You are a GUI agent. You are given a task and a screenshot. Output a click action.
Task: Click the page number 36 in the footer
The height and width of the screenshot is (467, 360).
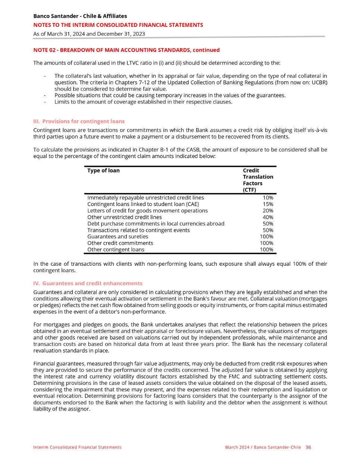click(x=308, y=447)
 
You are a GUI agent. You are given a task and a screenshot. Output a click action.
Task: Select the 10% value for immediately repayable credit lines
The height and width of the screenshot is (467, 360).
click(x=268, y=197)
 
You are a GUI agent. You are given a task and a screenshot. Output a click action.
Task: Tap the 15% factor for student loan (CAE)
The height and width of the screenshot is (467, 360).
click(x=268, y=204)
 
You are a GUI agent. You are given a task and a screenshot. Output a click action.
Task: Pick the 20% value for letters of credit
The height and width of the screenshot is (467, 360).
click(x=268, y=211)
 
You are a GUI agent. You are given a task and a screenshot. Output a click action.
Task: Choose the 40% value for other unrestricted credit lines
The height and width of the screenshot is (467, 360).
click(x=268, y=217)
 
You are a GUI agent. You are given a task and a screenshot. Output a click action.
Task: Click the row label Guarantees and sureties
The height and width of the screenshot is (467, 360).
click(x=118, y=236)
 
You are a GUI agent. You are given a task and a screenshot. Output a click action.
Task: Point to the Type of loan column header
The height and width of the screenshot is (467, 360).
click(x=103, y=171)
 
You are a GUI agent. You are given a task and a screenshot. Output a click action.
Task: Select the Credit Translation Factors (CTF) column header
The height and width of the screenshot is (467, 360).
click(x=258, y=180)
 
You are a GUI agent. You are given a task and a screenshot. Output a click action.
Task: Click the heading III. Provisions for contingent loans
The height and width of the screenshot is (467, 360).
click(x=79, y=121)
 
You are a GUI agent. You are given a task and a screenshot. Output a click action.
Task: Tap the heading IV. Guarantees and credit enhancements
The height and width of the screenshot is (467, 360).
click(x=88, y=283)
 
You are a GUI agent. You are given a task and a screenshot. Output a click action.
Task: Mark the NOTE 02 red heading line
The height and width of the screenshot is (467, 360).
click(x=126, y=50)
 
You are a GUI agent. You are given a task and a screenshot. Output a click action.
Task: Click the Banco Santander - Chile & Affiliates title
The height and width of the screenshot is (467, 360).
click(x=80, y=16)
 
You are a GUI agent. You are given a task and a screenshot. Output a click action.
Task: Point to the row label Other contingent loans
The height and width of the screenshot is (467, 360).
click(x=116, y=249)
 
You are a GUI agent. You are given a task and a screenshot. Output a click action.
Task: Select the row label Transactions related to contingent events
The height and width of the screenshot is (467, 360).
click(x=138, y=230)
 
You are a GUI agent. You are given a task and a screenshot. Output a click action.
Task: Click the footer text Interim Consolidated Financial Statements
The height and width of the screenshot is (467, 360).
click(x=77, y=447)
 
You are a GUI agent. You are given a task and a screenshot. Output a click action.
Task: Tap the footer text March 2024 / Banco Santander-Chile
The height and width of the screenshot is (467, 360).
click(x=263, y=447)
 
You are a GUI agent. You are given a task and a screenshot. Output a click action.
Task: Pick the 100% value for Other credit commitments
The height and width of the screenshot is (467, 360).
click(x=266, y=243)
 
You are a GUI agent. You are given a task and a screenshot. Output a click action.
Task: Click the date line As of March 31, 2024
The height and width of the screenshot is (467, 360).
click(x=89, y=34)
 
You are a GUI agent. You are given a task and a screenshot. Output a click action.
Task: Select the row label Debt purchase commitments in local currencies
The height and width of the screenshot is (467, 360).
click(x=156, y=224)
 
